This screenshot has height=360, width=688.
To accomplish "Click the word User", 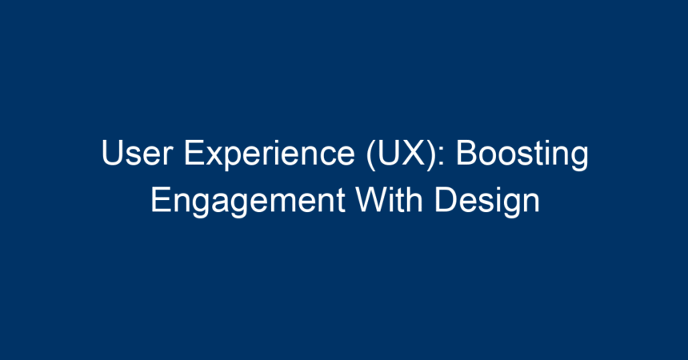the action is point(137,153).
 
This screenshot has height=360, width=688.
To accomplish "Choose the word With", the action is point(389,199).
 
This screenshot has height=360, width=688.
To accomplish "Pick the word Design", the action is point(486,202).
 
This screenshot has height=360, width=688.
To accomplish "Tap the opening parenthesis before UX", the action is point(371,155).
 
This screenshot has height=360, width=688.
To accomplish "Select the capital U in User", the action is point(112,153).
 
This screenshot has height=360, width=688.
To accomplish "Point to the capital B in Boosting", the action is point(467,153).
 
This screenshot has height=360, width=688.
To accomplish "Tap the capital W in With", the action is point(372,200).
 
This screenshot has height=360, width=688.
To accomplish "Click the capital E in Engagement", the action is point(161,200).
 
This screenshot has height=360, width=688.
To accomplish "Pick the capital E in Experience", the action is point(194,153).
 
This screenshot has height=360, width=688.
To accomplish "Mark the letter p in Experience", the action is point(232,159).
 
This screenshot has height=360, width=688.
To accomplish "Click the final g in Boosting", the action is point(580,159).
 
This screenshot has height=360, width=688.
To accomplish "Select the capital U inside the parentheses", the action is point(388,153).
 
